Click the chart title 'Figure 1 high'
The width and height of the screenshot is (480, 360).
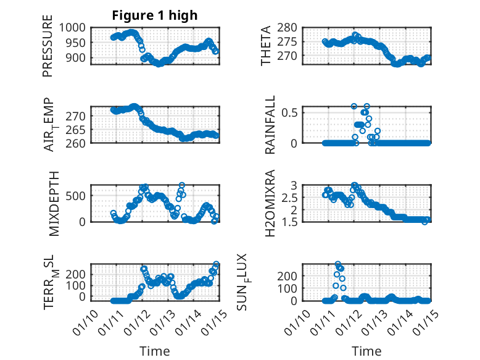tap(155, 15)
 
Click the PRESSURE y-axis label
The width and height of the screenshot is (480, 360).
tap(48, 46)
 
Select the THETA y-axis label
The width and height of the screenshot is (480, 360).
tap(266, 46)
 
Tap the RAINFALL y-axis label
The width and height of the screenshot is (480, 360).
tap(270, 125)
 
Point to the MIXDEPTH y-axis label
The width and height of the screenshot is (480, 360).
tap(53, 203)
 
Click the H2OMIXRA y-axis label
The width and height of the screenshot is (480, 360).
tap(270, 203)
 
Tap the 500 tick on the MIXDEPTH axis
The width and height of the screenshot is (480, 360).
tap(78, 196)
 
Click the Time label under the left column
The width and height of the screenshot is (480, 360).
tap(155, 351)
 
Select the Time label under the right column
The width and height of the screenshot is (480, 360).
tap(366, 351)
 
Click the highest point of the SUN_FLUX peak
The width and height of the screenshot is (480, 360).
tap(337, 264)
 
